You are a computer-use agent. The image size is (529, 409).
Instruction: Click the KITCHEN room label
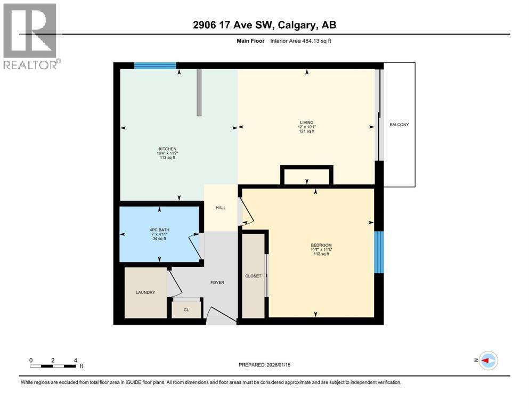point(167,149)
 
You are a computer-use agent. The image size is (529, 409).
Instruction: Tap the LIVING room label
point(306,122)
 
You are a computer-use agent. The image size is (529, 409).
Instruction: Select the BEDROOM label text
point(321,245)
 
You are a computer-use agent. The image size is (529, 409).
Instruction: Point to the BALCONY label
point(399,125)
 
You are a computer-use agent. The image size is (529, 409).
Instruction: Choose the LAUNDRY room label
point(145,292)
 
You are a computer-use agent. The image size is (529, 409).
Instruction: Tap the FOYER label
point(217,282)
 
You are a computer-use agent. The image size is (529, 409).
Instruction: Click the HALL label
point(221,208)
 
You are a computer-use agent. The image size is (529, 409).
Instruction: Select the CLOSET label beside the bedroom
point(253,276)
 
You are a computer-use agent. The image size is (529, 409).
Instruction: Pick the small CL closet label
point(186,309)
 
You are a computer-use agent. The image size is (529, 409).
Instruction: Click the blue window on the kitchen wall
point(154,66)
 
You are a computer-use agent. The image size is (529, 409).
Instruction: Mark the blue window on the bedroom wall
point(379,252)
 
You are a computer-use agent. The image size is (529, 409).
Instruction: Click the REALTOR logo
point(30,36)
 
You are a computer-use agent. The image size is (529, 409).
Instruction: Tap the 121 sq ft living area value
point(306,131)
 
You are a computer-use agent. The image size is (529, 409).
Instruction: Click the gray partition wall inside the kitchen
point(199,92)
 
